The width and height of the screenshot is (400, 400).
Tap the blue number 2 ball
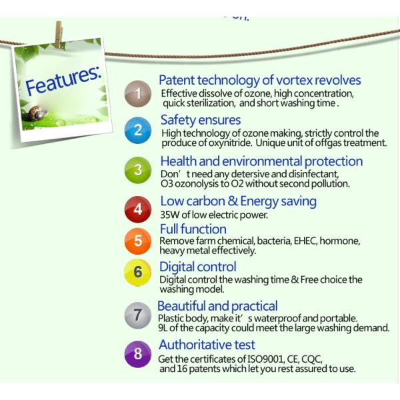pos(137,131)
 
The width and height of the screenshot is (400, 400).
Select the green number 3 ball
pos(138,170)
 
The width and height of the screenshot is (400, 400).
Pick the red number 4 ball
pos(138,209)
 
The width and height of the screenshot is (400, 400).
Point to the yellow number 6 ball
pos(138,273)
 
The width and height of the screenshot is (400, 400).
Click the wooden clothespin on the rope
pos(59,33)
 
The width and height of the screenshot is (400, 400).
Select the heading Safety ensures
pos(201,120)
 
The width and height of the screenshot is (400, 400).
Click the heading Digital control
pos(198,267)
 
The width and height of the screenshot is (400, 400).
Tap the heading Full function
pos(193,229)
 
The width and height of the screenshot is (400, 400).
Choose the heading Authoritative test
pos(207,345)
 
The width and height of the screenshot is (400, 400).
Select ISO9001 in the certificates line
pos(247,359)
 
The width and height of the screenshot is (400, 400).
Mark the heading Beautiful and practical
pos(217,306)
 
